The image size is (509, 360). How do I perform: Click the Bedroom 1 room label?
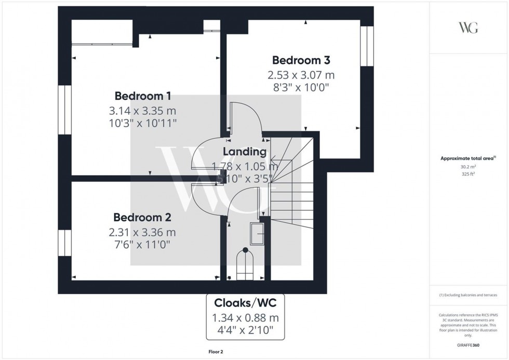(x=143, y=96)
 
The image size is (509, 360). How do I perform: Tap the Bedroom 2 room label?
(x=142, y=217)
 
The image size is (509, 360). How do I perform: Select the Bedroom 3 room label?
(x=301, y=60)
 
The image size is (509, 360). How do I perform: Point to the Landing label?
(x=245, y=152)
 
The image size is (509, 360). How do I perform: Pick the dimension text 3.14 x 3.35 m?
(x=143, y=111)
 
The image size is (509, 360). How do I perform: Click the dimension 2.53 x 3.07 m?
(x=301, y=75)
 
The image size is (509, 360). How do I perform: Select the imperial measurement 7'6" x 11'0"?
(x=142, y=244)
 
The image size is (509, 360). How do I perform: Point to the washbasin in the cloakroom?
(x=258, y=234)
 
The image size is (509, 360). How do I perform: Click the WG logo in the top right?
(x=469, y=28)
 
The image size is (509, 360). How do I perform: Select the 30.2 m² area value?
(x=469, y=167)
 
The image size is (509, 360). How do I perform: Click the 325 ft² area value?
(x=469, y=174)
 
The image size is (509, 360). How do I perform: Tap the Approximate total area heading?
(x=468, y=158)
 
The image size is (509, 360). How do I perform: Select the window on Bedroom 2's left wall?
(x=64, y=242)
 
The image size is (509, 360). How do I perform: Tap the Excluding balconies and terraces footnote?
(x=469, y=295)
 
